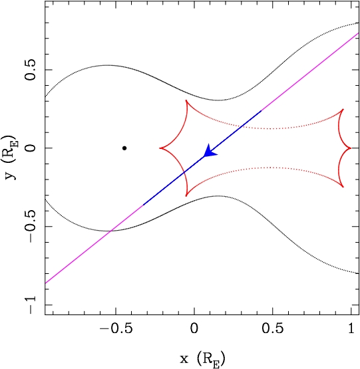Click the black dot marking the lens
coord(124,148)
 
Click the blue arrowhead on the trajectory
coord(209,151)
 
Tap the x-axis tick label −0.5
coord(116,328)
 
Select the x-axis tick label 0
coord(194,328)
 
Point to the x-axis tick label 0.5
coord(273,328)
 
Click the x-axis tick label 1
coord(351,328)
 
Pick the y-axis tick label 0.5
coord(31,70)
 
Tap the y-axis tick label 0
coord(31,148)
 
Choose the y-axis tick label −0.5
coord(31,227)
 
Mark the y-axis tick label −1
coord(31,305)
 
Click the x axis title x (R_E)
coord(202,358)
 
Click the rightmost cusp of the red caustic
coord(351,148)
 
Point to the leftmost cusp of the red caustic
coord(160,148)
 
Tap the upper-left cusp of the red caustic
coord(186,100)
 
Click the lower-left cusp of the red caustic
coord(186,196)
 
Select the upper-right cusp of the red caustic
coord(343,109)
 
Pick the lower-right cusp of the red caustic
coord(343,187)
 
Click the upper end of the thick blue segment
coord(261,110)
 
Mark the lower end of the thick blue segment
coord(144,205)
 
